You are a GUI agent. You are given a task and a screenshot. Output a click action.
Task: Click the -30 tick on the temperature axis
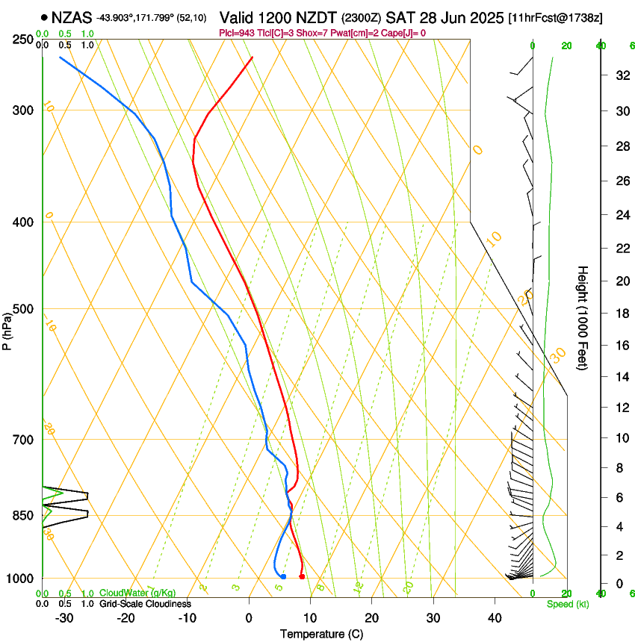64,617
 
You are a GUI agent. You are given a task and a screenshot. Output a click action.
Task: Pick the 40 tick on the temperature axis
495,617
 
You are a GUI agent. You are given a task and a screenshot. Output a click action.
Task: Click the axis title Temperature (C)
321,634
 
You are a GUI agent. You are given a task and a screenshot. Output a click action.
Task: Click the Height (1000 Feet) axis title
583,317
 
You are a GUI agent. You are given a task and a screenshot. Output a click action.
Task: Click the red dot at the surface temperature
302,576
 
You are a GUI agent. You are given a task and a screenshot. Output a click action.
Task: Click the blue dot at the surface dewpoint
283,576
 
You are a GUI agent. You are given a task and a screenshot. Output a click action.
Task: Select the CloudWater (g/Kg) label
138,593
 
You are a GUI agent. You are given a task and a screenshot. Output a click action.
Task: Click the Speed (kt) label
568,603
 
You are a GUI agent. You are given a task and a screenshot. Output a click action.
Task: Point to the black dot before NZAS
45,16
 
